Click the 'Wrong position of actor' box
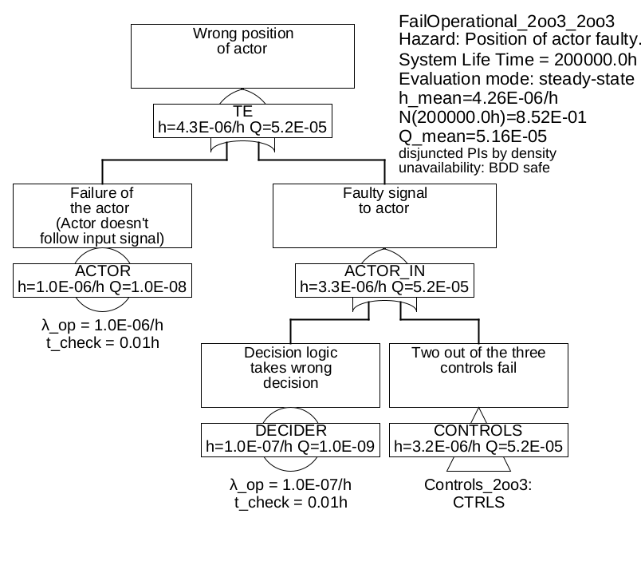click(x=243, y=55)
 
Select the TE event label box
click(x=243, y=119)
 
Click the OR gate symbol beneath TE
click(x=243, y=146)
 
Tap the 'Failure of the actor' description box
click(x=102, y=215)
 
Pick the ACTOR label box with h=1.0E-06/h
click(x=102, y=279)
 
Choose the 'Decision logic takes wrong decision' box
click(x=290, y=375)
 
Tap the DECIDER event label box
click(x=290, y=439)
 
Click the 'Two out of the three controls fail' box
click(x=478, y=375)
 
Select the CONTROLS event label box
click(x=478, y=439)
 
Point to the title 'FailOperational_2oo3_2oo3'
click(x=506, y=21)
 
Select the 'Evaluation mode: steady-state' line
click(x=517, y=79)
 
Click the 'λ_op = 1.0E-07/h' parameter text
click(x=290, y=484)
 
